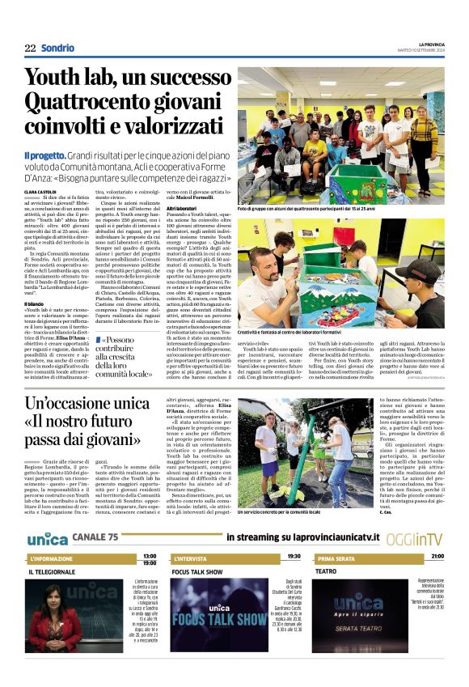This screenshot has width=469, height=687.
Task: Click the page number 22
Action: [x=29, y=48]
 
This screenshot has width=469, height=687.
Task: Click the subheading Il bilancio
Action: [x=36, y=303]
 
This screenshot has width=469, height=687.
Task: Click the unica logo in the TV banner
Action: [x=46, y=538]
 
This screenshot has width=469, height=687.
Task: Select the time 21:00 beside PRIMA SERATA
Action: [x=437, y=557]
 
